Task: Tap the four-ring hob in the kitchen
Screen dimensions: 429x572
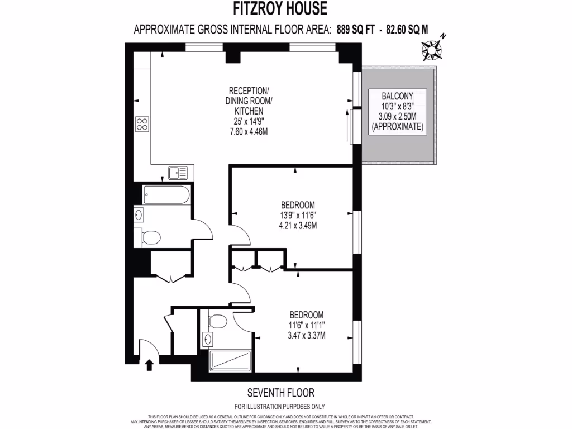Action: coord(142,124)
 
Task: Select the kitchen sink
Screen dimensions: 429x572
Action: coord(178,173)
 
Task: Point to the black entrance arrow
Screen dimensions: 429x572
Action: coord(149,365)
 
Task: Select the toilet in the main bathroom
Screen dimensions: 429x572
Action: coord(150,237)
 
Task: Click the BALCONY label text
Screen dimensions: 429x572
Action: coord(397,96)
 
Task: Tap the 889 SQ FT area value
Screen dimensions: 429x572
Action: coord(355,30)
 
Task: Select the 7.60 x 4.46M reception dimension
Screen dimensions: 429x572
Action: coord(249,132)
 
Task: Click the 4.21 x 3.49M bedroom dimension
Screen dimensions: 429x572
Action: coord(298,226)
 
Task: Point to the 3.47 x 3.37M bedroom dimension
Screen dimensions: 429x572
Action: coord(306,335)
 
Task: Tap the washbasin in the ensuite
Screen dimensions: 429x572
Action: coord(208,339)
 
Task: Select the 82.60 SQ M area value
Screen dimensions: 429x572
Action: coord(404,30)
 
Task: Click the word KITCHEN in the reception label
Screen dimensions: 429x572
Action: coord(249,111)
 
